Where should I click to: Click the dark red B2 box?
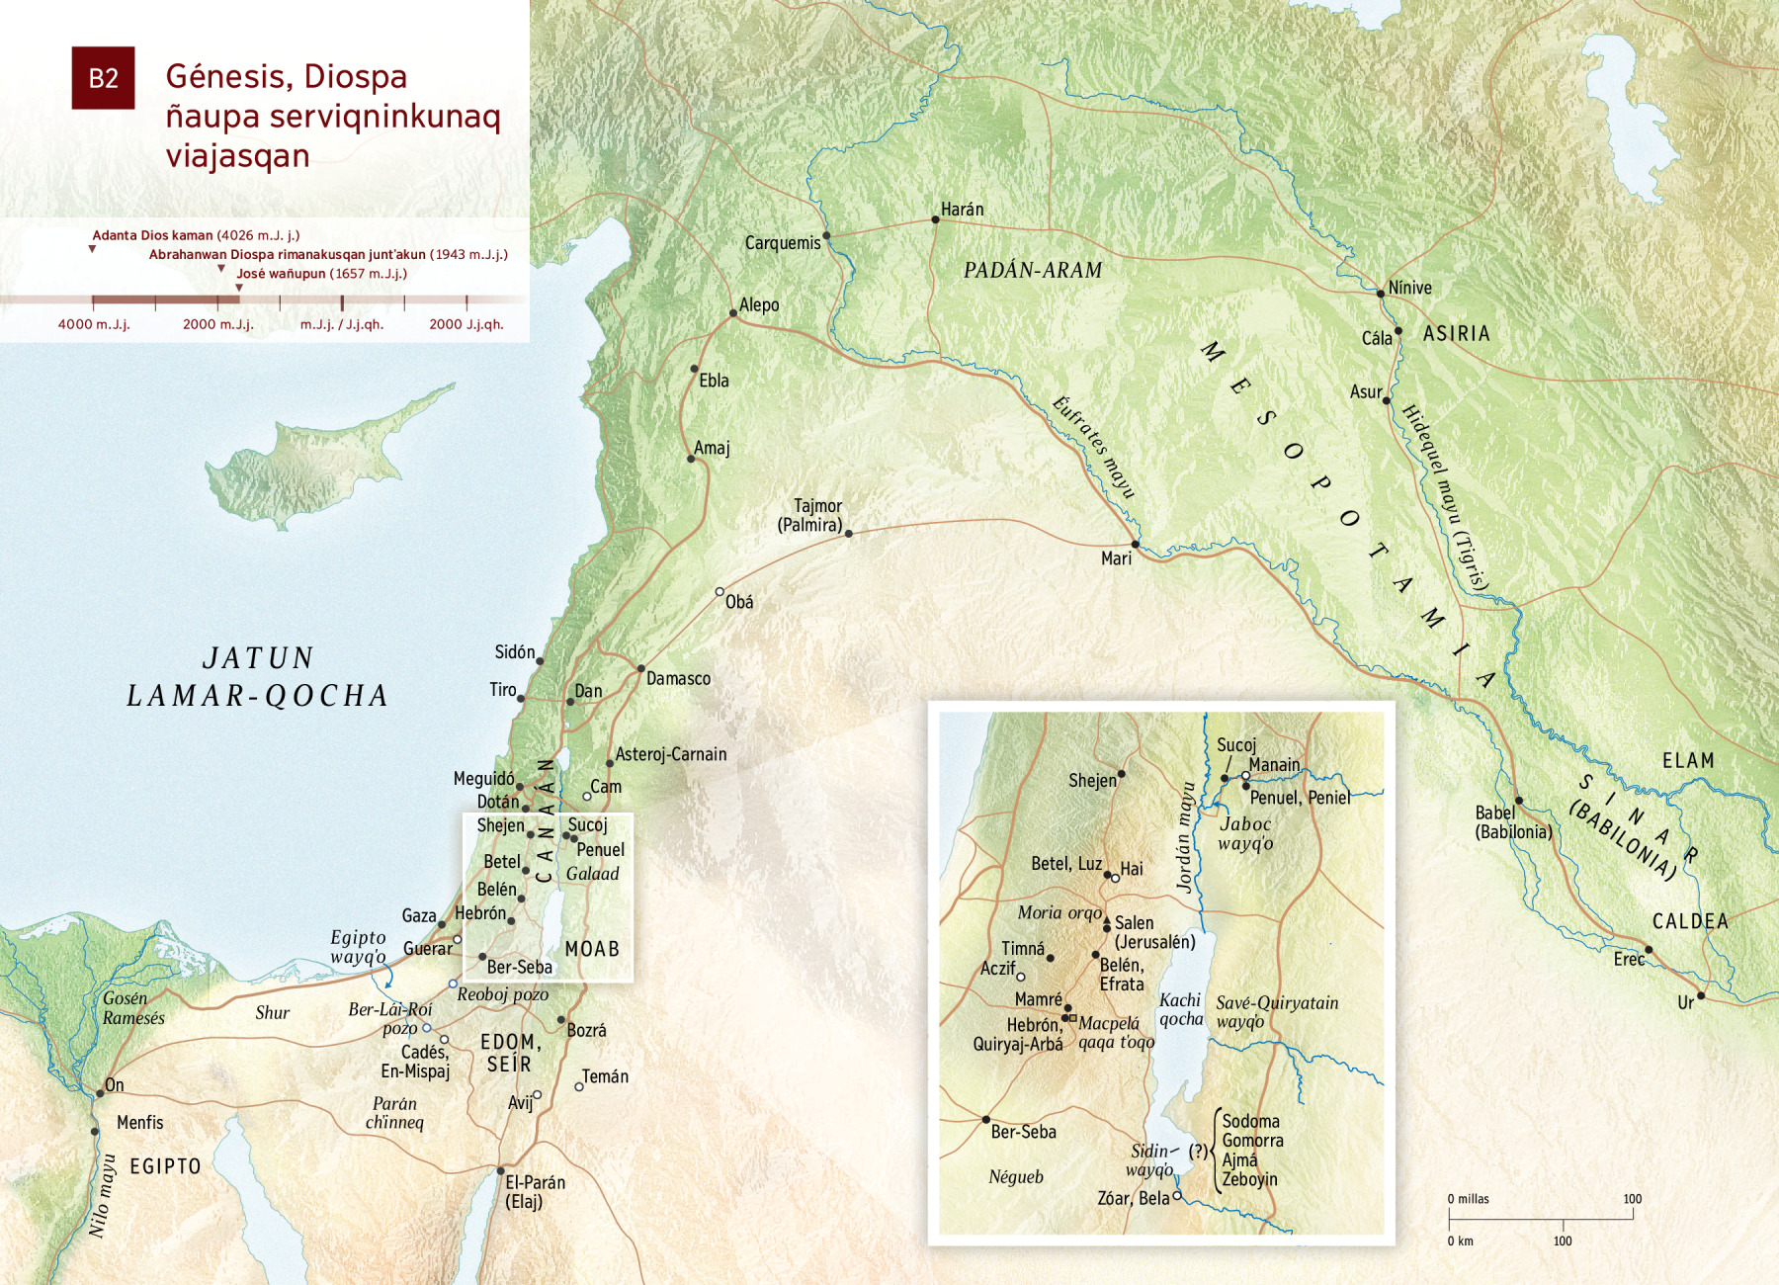coord(103,78)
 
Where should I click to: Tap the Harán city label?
coord(962,210)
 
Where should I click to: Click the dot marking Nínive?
coord(1381,294)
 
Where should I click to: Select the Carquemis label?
coord(783,243)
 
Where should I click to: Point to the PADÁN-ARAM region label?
coord(1033,270)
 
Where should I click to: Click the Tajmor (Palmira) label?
coord(810,516)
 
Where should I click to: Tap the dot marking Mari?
coord(1135,545)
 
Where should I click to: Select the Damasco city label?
coord(678,679)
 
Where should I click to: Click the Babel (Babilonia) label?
coord(1513,822)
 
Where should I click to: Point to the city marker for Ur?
coord(1701,995)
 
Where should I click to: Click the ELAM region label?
coord(1688,761)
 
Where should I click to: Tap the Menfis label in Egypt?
coord(140,1123)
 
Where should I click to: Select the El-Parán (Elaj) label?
coord(535,1192)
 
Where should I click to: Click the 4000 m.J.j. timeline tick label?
coord(94,324)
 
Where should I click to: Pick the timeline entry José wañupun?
coord(321,274)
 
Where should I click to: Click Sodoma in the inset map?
coord(1250,1121)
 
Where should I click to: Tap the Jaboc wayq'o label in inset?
coord(1245,833)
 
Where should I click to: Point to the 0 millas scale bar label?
coord(1469,1199)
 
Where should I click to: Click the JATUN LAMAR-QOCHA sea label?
coord(258,677)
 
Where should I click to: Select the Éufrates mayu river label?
coord(1093,447)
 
